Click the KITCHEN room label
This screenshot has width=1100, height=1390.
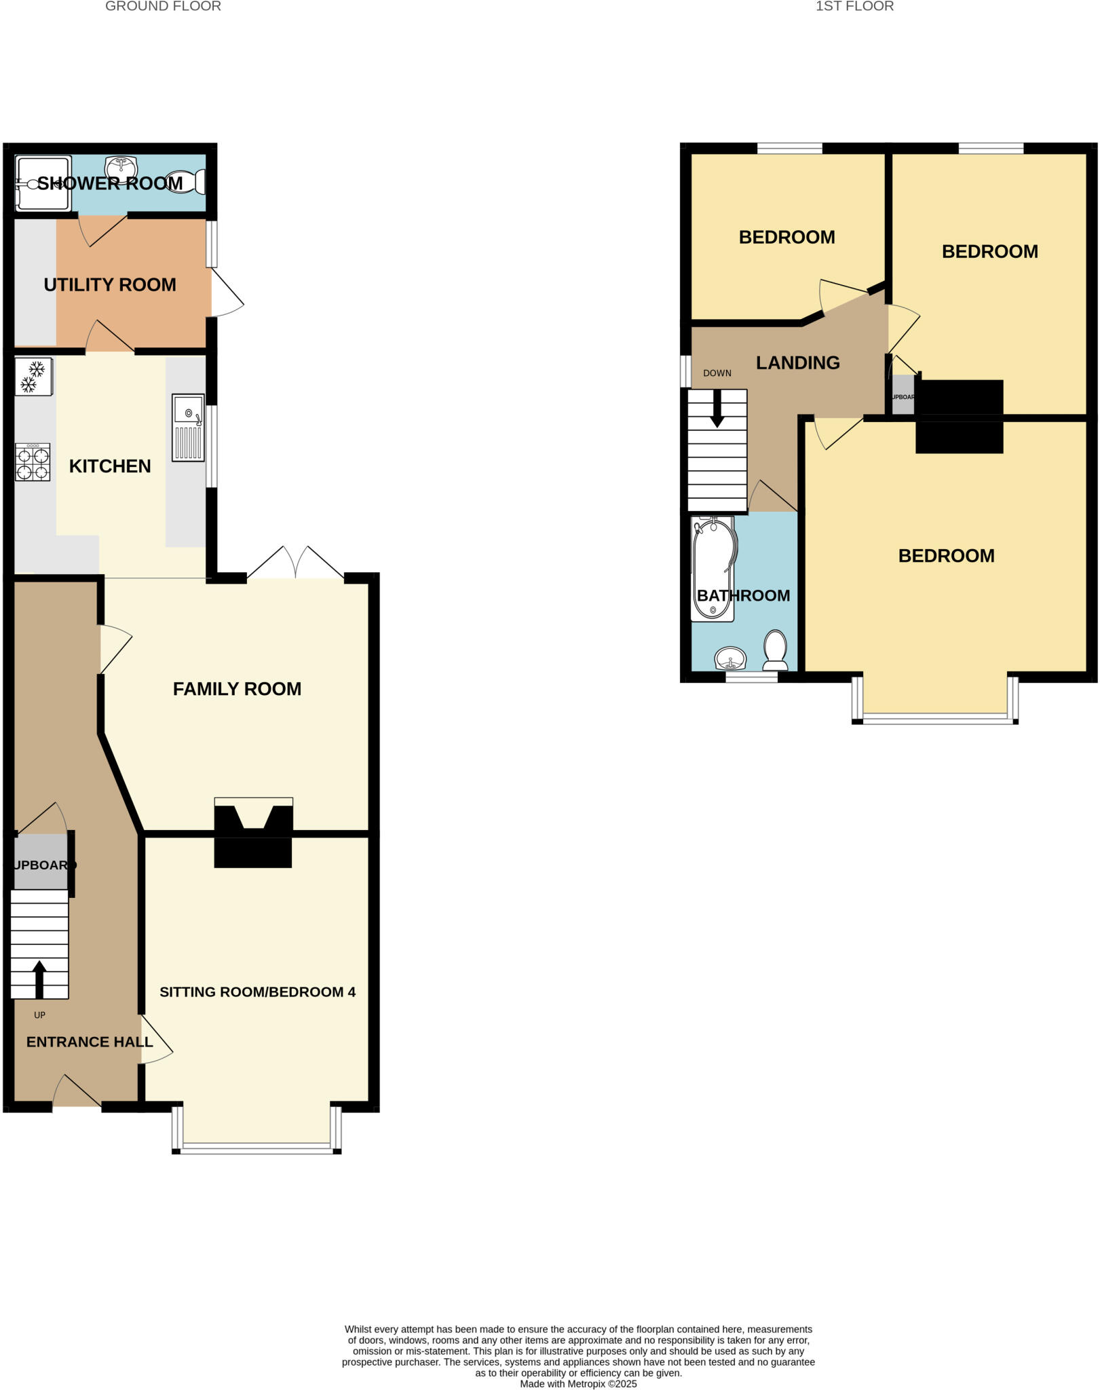pyautogui.click(x=110, y=466)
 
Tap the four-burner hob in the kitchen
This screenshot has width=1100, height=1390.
pyautogui.click(x=33, y=463)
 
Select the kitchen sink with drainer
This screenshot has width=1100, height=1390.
pyautogui.click(x=188, y=428)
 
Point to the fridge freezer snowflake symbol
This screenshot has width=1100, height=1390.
pyautogui.click(x=33, y=377)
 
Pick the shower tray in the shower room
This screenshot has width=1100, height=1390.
pyautogui.click(x=42, y=183)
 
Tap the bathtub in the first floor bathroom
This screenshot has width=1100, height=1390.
pyautogui.click(x=713, y=569)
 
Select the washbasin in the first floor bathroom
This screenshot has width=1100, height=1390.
pyautogui.click(x=730, y=658)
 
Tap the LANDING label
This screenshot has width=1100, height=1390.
pyautogui.click(x=798, y=363)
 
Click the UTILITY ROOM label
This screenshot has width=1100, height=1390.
pyautogui.click(x=110, y=285)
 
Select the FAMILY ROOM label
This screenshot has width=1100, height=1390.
pyautogui.click(x=237, y=689)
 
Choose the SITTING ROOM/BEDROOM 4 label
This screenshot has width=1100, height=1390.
pyautogui.click(x=257, y=992)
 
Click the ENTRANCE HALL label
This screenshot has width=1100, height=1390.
pyautogui.click(x=90, y=1042)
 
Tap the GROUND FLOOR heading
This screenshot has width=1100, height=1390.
pyautogui.click(x=163, y=7)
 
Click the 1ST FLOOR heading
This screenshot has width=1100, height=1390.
pyautogui.click(x=854, y=7)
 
